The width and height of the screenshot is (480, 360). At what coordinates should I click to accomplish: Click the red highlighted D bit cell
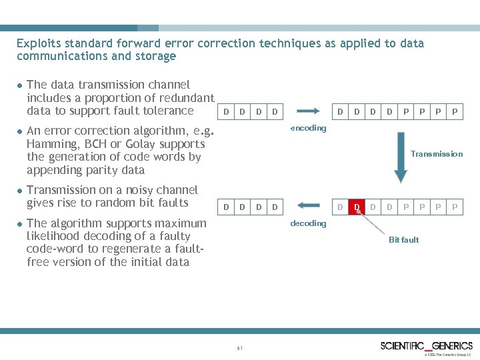(x=357, y=207)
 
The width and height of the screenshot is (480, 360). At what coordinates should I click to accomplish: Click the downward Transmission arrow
(x=401, y=157)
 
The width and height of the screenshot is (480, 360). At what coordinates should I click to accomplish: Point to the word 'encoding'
(x=308, y=128)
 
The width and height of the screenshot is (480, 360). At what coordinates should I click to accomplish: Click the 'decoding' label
(x=308, y=223)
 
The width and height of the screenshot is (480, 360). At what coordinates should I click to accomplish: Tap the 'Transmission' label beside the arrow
(x=436, y=154)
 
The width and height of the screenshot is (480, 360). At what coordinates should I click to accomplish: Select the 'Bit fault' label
(x=404, y=240)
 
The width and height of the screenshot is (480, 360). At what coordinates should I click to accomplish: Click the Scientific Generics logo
(x=427, y=346)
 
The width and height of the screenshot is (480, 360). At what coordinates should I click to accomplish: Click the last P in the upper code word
(x=455, y=112)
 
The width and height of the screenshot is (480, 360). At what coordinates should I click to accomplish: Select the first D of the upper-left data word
(x=226, y=112)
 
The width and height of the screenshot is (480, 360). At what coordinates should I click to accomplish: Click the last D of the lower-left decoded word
(x=275, y=207)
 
